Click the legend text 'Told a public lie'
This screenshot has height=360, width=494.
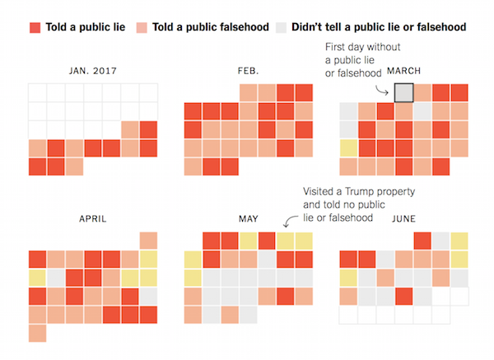pos(85,27)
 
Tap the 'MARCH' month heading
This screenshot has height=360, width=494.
pos(403,70)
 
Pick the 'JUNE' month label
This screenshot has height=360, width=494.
pos(403,219)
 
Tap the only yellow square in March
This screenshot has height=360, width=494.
pos(348,148)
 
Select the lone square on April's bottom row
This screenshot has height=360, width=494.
pos(37,333)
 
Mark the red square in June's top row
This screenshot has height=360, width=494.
pos(422,241)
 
